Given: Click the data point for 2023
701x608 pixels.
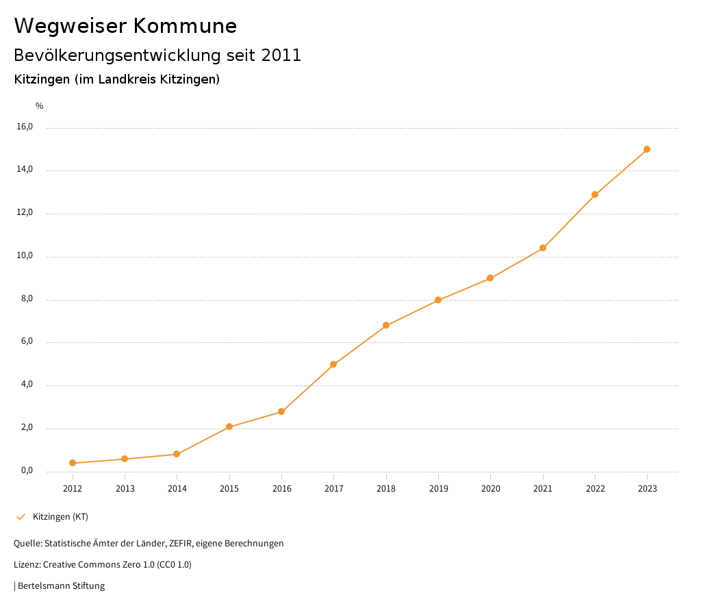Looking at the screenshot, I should [647, 149].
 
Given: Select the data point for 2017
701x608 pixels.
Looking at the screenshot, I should [333, 364].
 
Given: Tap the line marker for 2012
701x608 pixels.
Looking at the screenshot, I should [73, 463].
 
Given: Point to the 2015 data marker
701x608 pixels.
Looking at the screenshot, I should [229, 427].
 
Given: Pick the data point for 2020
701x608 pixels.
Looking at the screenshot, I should [490, 278].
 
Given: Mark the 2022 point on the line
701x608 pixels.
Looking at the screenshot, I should [595, 194].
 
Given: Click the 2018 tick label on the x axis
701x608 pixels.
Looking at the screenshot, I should [386, 488].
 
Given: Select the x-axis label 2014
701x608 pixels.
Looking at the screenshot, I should [177, 488].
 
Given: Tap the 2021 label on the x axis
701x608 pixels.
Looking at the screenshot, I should [543, 488].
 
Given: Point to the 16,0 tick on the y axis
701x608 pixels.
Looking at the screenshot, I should [24, 127].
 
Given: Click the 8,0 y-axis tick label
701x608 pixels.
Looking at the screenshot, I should [26, 299].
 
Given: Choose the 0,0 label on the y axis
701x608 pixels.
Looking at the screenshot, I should [26, 470].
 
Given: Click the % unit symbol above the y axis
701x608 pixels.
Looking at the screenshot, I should [39, 106].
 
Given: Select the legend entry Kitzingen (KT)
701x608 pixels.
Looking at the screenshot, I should [60, 516].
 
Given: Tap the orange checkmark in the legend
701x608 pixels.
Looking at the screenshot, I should [21, 516].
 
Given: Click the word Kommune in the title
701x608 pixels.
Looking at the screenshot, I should [185, 26].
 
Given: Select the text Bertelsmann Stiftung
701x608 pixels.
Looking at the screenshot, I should [61, 586].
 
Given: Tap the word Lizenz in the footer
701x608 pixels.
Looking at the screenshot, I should [27, 565].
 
